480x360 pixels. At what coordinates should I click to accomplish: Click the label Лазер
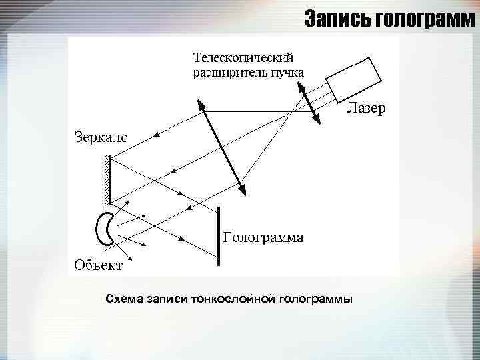[365, 109]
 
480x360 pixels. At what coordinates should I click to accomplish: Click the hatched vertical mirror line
[108, 179]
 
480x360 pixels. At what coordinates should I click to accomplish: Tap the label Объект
[98, 266]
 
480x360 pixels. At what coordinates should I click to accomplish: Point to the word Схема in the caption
[124, 298]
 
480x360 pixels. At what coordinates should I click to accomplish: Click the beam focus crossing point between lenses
[291, 113]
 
